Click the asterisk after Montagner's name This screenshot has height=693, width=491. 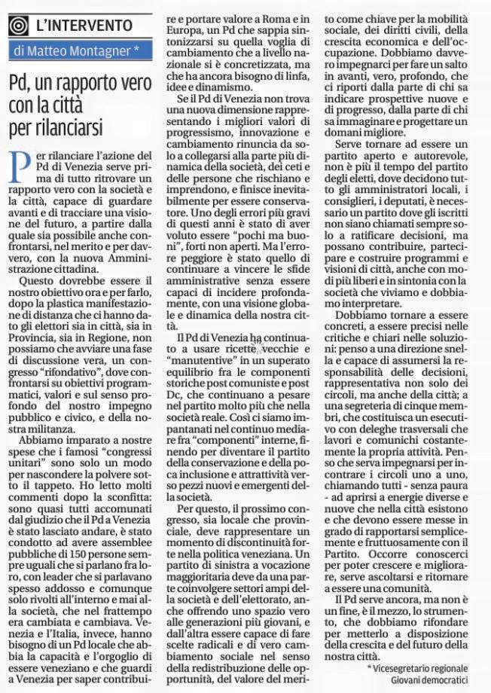pos(136,50)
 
